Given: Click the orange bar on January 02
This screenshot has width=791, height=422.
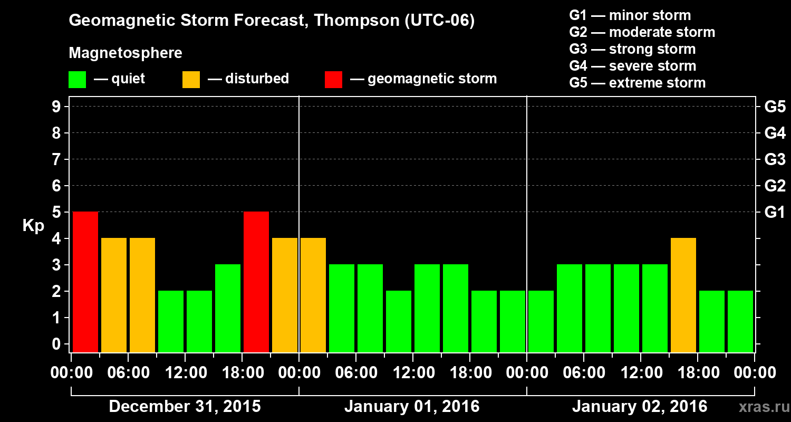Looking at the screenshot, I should [683, 295].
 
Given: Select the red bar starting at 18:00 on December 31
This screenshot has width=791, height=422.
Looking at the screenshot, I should [256, 282].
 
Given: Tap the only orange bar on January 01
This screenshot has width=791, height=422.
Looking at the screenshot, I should [313, 295].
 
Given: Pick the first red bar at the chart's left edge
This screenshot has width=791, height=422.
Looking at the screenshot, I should [85, 282].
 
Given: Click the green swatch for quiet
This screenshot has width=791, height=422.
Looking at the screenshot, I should [77, 80].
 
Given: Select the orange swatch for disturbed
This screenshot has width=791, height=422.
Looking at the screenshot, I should [191, 80].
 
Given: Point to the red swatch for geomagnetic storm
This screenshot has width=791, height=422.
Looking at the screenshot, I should [333, 80].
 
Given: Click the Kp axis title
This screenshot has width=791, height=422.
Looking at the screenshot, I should [33, 226].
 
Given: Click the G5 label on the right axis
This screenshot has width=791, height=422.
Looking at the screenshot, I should [775, 107].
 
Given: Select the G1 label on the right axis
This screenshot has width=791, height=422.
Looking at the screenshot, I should [775, 213].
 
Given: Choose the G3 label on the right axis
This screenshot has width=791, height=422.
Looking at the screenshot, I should [775, 159].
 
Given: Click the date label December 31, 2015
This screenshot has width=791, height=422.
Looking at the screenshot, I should [185, 407].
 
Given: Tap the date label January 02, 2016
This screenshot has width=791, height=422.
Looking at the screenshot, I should [640, 407].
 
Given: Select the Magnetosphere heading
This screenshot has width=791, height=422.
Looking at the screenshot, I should [126, 53].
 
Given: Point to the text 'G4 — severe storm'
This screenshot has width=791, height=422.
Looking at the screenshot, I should [633, 66].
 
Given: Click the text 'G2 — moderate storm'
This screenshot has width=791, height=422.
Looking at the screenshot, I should [642, 32].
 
